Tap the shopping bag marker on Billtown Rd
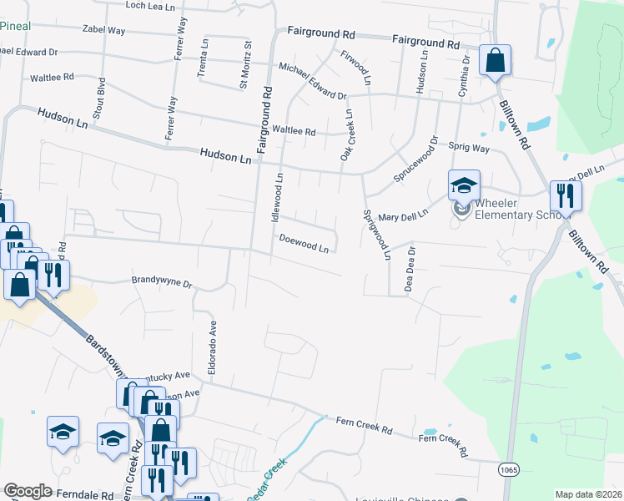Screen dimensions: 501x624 tap(495, 61)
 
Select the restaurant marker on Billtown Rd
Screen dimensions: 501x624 tap(566, 197)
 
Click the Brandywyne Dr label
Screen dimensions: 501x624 tap(162, 282)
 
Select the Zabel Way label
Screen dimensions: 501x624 tap(103, 30)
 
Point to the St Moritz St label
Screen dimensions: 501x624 tap(245, 63)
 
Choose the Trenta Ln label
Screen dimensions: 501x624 tap(203, 58)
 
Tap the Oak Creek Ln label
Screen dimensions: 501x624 tap(345, 135)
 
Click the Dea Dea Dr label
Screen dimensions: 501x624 tap(410, 268)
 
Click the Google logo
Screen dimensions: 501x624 tap(28, 491)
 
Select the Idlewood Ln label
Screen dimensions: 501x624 tap(279, 195)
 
